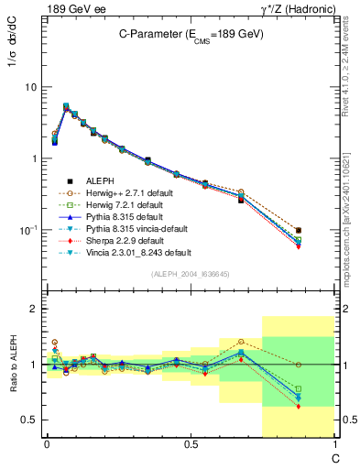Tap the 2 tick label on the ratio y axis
click(34, 310)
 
